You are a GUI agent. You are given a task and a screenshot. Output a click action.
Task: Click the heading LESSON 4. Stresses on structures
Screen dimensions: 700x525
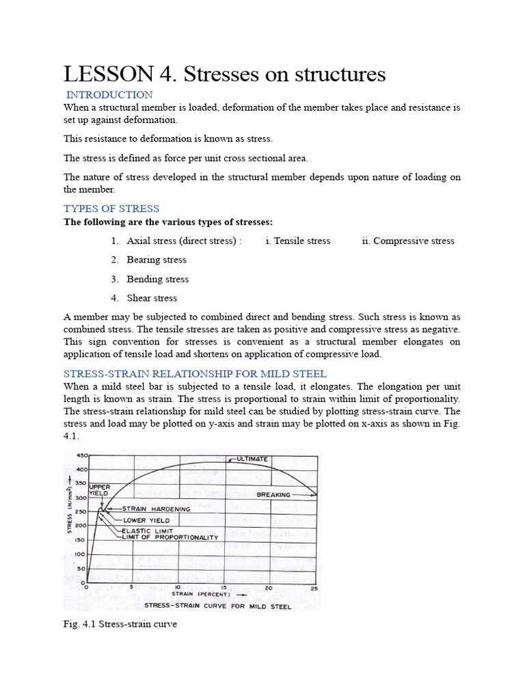(x=225, y=73)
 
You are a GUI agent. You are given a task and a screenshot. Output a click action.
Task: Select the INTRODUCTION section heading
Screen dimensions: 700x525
(x=109, y=94)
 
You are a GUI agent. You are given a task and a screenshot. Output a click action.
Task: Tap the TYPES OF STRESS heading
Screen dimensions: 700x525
(x=111, y=208)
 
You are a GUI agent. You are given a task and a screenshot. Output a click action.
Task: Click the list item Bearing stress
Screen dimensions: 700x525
(x=157, y=260)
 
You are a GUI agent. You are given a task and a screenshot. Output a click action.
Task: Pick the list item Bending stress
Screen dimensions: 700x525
(x=157, y=279)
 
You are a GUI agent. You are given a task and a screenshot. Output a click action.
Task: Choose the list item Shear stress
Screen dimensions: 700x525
(x=152, y=298)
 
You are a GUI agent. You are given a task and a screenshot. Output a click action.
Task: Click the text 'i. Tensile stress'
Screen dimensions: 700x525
(x=297, y=241)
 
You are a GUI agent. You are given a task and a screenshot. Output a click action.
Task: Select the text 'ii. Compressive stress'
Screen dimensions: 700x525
(x=408, y=241)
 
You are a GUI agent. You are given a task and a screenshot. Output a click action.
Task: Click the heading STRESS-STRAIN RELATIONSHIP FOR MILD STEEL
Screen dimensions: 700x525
(x=195, y=374)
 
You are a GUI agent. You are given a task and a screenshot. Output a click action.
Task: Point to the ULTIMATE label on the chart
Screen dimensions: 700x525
(x=253, y=459)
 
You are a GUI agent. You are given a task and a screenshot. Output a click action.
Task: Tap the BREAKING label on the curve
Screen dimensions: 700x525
(x=273, y=494)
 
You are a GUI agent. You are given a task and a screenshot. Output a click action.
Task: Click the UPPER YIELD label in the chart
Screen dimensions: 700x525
(x=99, y=489)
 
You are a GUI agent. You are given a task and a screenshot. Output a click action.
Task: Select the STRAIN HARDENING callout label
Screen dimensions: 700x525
(x=157, y=509)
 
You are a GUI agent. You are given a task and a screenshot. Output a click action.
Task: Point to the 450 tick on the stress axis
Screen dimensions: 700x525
(x=80, y=456)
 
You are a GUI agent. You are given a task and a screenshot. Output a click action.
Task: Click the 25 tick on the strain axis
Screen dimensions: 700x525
(x=314, y=587)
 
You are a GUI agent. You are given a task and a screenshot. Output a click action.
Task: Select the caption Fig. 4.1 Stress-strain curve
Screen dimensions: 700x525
(x=120, y=624)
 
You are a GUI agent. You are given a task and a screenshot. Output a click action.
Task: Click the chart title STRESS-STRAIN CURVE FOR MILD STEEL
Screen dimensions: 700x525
(x=217, y=606)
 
